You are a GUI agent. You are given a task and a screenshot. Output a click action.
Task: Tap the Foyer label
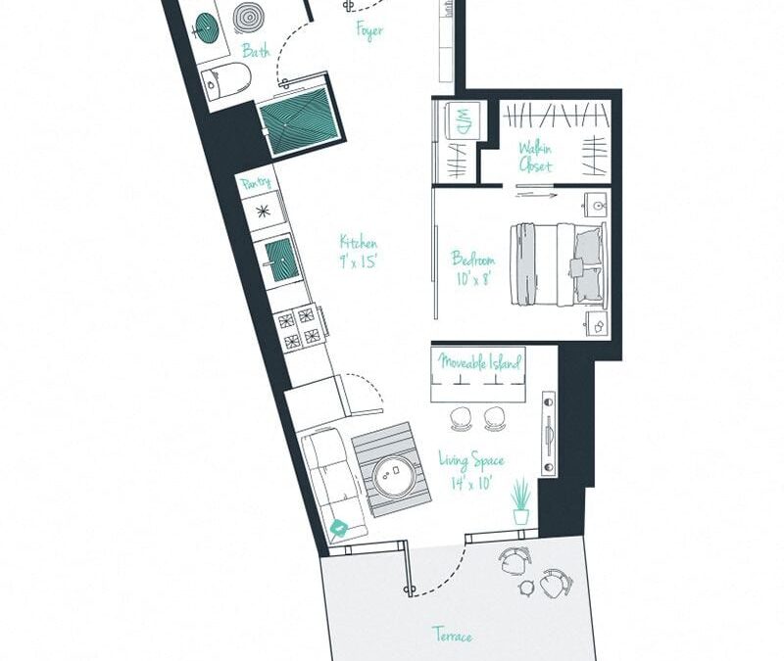[369, 30]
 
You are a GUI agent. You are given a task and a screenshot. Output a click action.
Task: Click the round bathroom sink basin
[248, 18]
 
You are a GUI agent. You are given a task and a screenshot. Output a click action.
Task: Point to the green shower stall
[295, 120]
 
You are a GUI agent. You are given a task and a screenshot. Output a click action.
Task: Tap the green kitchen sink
[280, 257]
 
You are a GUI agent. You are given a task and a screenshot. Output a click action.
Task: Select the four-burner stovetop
[299, 325]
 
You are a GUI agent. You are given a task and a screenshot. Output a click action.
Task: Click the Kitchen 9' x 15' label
[359, 252]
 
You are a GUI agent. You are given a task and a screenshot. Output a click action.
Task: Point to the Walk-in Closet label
[535, 157]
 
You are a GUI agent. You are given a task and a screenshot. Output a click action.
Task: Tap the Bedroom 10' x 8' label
[472, 268]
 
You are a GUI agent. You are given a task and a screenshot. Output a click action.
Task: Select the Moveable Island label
[479, 362]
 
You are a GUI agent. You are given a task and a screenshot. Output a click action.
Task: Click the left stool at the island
[461, 419]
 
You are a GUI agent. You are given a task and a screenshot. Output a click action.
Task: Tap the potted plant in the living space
[520, 501]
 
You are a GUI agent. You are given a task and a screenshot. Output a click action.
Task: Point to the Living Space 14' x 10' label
[471, 469]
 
